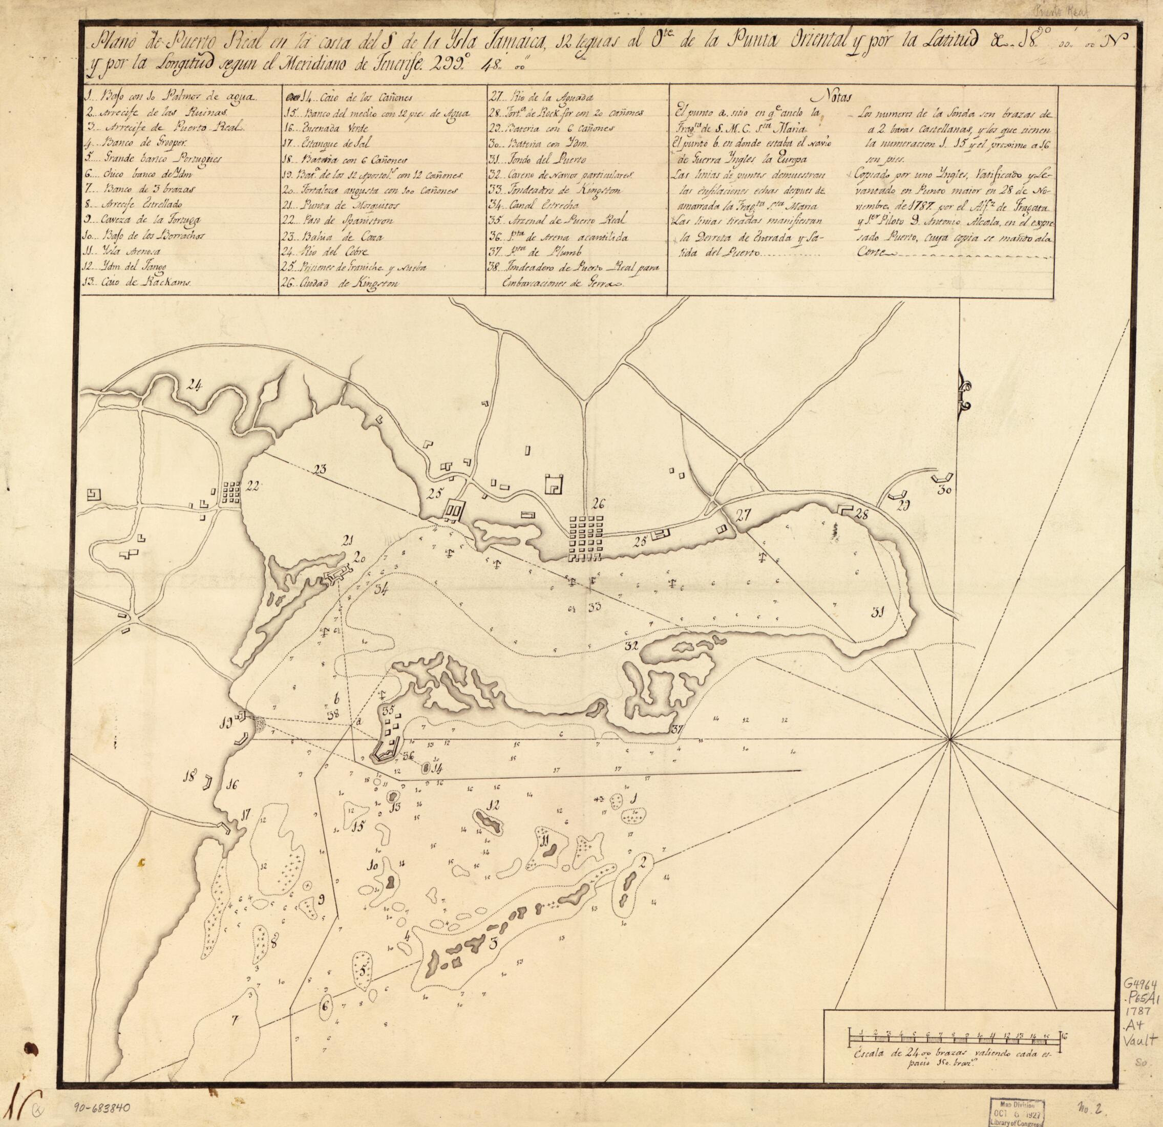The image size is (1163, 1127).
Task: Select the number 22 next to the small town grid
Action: pyautogui.click(x=252, y=486)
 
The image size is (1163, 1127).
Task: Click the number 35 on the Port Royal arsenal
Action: pyautogui.click(x=389, y=710)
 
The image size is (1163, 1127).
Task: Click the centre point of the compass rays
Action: pyautogui.click(x=950, y=739)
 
